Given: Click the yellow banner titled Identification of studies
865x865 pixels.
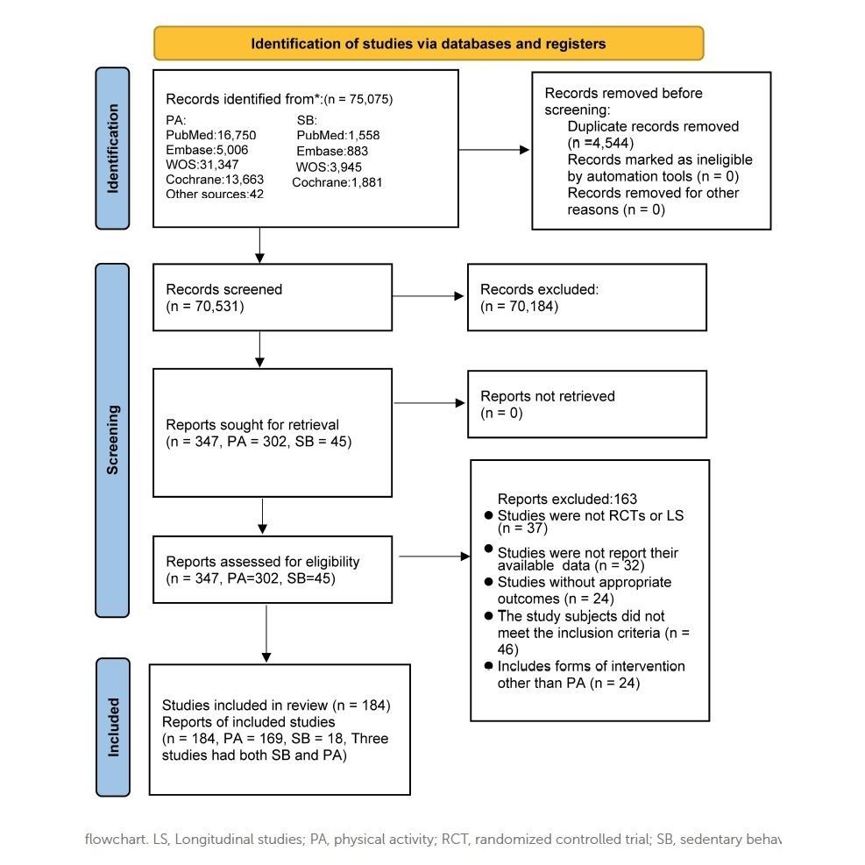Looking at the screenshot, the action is [429, 43].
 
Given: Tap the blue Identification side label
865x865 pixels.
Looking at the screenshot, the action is [112, 148].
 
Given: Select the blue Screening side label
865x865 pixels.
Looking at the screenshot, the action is [112, 440].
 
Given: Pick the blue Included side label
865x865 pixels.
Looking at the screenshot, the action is [113, 727].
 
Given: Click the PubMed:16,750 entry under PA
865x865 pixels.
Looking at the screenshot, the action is [210, 135].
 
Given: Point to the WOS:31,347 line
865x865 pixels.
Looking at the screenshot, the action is [202, 165].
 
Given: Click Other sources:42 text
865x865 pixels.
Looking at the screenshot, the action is [215, 194].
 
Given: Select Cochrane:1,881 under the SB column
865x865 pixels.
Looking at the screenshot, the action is [337, 182].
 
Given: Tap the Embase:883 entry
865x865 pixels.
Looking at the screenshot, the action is [332, 151].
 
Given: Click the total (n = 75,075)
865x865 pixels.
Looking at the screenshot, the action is [358, 99].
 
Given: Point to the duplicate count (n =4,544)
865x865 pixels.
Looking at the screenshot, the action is [600, 143].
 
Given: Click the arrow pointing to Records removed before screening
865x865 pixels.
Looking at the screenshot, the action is [493, 150].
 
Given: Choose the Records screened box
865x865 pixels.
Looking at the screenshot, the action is [273, 297].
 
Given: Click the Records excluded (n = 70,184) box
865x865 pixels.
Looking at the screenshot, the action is [587, 297].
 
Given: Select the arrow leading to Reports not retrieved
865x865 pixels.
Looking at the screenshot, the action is [429, 403].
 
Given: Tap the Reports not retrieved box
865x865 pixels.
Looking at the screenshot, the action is [587, 404].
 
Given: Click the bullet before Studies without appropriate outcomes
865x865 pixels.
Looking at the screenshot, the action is [488, 582].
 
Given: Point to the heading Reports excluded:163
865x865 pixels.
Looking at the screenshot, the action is [567, 499].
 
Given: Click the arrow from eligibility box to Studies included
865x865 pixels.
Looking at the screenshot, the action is [266, 634].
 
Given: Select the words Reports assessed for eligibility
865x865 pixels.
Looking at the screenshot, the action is [263, 562].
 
